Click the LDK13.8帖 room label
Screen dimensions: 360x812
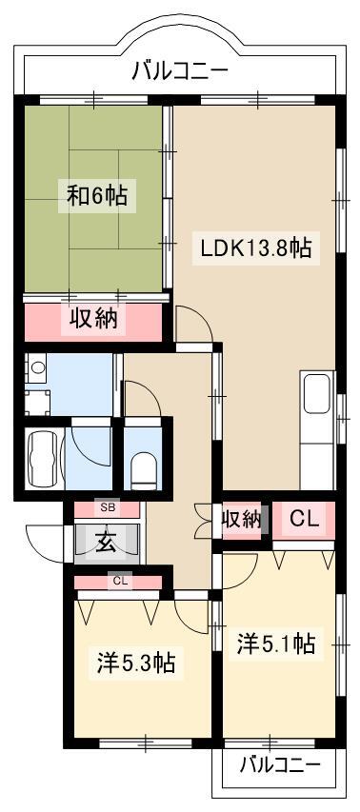coord(256,249)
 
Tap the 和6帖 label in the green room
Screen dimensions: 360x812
coord(97,196)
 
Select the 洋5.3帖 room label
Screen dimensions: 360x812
coord(135,663)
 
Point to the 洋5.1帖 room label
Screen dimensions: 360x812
coord(276,644)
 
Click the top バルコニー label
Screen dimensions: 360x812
coord(180,70)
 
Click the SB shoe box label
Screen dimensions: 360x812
coord(108,507)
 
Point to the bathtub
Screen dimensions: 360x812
coord(44,458)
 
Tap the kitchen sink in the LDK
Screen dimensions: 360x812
coord(316,393)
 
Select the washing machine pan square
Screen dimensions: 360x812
coord(37,403)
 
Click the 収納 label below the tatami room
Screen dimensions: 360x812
coord(94,319)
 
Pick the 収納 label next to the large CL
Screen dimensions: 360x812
coord(241,520)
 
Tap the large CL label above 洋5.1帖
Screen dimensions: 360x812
coord(304,519)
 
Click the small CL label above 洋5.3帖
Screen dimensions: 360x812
coord(120,581)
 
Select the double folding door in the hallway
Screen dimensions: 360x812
coord(203,521)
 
